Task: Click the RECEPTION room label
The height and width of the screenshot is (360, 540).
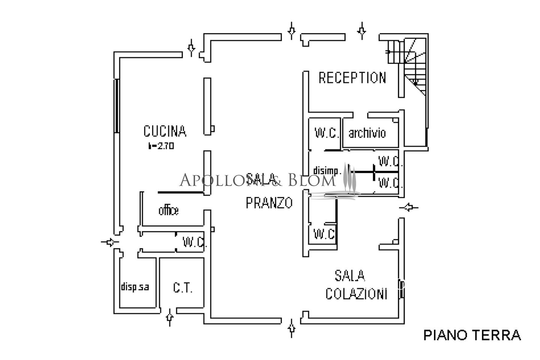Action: tap(352, 78)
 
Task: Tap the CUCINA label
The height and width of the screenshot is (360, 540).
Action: tap(165, 131)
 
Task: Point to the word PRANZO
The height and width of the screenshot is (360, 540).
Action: tap(269, 203)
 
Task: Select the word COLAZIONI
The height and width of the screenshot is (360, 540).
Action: tap(356, 294)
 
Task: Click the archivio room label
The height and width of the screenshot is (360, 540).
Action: tap(367, 133)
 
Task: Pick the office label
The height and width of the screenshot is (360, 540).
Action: tap(168, 211)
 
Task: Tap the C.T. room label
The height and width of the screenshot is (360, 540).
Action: tap(183, 288)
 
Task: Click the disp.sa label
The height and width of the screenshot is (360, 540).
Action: tap(135, 287)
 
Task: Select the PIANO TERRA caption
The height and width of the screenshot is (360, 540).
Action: tap(472, 335)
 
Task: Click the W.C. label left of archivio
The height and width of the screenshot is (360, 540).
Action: tap(327, 133)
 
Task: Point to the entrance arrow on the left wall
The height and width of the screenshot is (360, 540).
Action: tap(109, 242)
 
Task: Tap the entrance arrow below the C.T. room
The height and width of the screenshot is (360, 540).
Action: tap(169, 317)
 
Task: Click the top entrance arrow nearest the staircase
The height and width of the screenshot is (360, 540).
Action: tap(362, 31)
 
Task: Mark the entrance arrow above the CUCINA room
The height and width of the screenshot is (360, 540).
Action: tap(191, 48)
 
